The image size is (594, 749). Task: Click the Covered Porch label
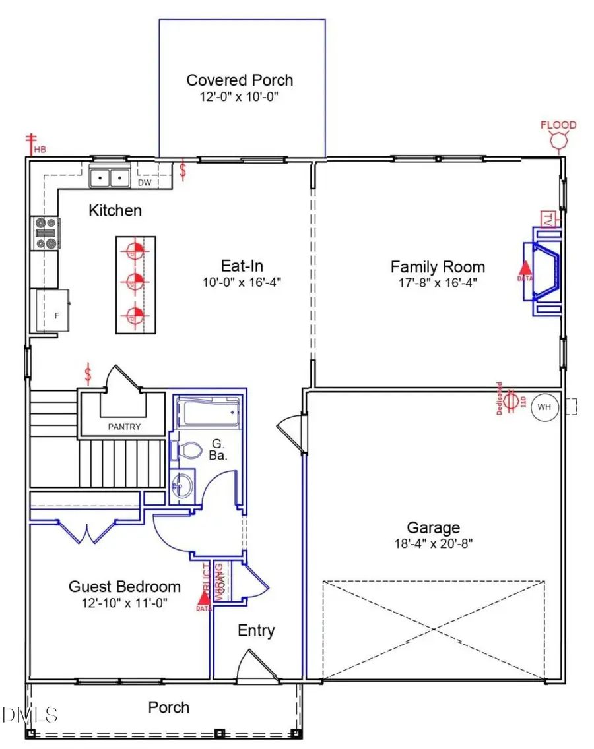click(240, 80)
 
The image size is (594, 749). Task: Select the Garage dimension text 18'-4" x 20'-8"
click(432, 544)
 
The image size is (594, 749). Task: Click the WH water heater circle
click(544, 407)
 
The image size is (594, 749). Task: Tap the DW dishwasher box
click(145, 182)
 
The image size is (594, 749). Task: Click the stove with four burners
click(45, 233)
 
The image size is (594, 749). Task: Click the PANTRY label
click(125, 427)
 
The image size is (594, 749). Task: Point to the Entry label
click(256, 631)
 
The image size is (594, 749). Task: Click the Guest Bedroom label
click(125, 587)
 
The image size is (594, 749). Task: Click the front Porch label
click(168, 707)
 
